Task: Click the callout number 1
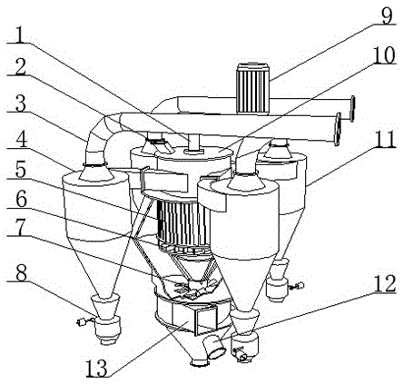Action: tap(20, 35)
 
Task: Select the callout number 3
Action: tap(20, 103)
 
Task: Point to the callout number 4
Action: tap(20, 138)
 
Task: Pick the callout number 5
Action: tap(20, 171)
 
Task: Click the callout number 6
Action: tap(20, 200)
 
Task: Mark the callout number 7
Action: tap(20, 229)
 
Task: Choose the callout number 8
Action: tap(20, 273)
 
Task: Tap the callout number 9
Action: tap(387, 15)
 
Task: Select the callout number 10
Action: tap(383, 54)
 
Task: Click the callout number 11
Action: tap(384, 139)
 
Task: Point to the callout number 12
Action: tap(384, 283)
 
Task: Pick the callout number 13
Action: tap(97, 369)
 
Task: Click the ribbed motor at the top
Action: tap(252, 88)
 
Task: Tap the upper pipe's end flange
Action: tap(351, 109)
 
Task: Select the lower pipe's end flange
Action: tap(338, 129)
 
